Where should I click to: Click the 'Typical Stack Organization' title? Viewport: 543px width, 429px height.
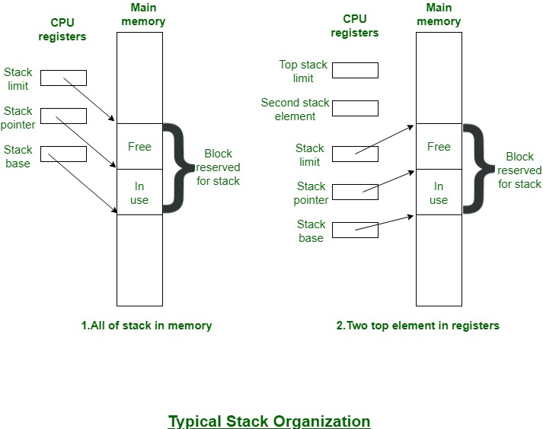point(269,421)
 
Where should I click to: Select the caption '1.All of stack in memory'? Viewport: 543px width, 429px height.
point(146,325)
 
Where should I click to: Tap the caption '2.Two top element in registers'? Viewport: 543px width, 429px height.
point(417,325)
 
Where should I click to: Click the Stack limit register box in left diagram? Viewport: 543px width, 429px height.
point(63,78)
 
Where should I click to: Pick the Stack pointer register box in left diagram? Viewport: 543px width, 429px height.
point(63,116)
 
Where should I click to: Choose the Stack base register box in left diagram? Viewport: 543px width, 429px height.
point(63,154)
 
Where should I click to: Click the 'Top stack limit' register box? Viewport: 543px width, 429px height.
point(355,70)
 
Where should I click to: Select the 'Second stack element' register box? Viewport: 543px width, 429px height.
point(355,108)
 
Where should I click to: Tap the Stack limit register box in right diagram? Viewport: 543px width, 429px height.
point(355,154)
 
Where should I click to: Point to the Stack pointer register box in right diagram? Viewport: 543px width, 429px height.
point(355,192)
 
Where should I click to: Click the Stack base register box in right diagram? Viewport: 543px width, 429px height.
point(355,230)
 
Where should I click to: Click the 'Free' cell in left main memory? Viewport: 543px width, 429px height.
point(139,146)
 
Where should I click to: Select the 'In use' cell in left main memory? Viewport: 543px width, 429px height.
point(139,192)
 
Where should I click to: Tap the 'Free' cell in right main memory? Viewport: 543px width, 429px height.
point(439,146)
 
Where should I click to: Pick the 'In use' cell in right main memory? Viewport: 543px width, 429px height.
point(439,192)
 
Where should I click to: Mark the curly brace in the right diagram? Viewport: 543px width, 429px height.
point(474,169)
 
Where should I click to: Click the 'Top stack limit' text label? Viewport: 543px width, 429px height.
point(303,71)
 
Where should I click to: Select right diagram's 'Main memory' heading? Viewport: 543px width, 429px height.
point(439,14)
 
